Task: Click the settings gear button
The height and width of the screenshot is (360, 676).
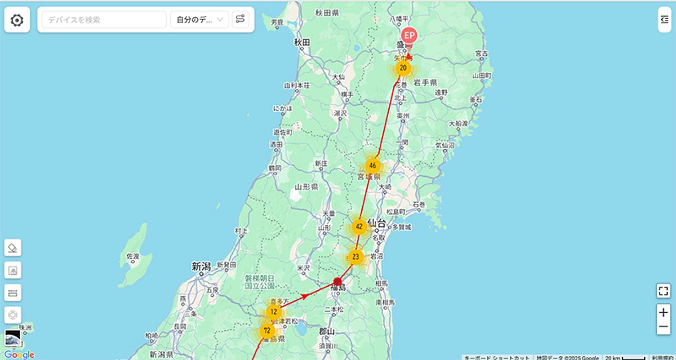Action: click(17, 20)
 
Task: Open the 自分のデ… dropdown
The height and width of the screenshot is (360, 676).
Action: click(199, 20)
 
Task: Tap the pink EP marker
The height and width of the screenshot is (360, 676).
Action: click(410, 35)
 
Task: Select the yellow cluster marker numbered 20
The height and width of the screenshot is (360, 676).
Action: click(403, 68)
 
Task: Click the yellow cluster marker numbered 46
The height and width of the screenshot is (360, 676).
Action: click(372, 166)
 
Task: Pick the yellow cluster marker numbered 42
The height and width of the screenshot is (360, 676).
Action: click(359, 227)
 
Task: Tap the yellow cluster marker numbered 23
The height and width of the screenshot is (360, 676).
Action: click(355, 257)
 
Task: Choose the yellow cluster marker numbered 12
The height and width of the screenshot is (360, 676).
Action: click(274, 312)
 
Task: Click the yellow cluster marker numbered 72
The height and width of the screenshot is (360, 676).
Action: click(267, 330)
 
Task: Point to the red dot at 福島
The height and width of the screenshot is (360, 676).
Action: click(337, 281)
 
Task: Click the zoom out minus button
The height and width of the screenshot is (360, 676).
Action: click(664, 327)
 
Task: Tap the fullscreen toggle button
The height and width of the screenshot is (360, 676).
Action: click(664, 291)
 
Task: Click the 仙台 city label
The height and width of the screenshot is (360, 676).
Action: click(376, 223)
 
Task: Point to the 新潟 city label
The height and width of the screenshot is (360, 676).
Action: click(201, 266)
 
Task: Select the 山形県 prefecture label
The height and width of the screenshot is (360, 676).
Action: click(306, 186)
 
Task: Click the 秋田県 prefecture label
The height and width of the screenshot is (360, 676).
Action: click(327, 12)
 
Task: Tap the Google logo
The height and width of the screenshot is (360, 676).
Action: click(20, 354)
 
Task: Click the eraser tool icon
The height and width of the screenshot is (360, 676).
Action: click(12, 247)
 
